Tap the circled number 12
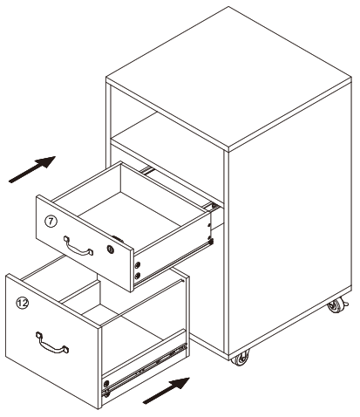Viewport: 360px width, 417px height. [22, 301]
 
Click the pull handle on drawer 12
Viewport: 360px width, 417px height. [51, 344]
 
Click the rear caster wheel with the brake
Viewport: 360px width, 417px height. [334, 308]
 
